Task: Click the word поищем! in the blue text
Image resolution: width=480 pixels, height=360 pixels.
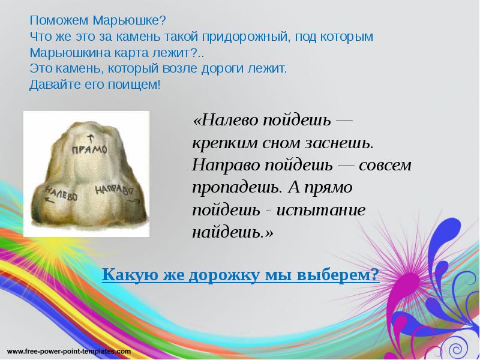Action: [x=139, y=85]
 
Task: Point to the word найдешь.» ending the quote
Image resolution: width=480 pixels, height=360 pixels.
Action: [x=232, y=232]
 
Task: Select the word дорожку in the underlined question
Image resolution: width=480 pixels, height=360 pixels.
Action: [x=224, y=275]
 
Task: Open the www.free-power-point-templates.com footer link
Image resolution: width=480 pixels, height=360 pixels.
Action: [x=69, y=350]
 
